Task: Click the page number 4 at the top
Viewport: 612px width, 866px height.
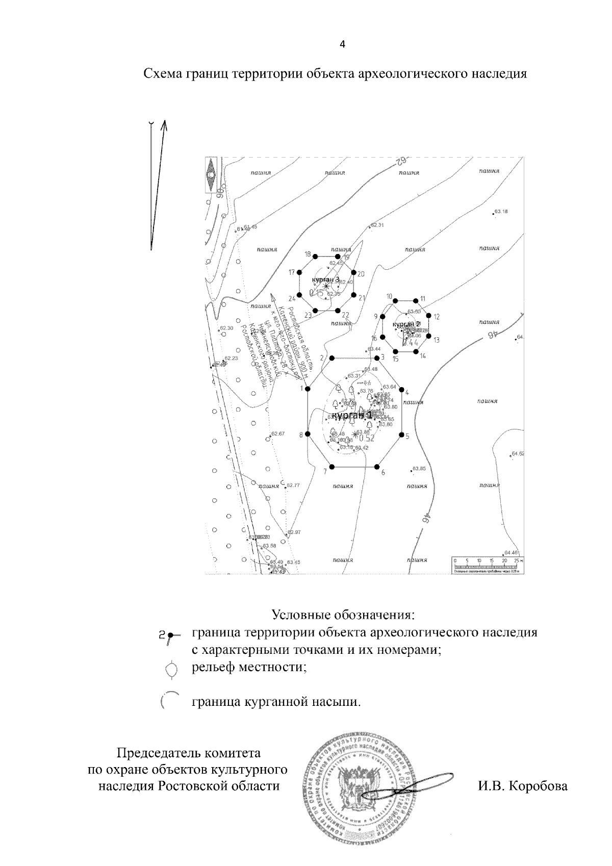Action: click(343, 44)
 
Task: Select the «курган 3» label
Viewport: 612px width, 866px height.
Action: click(325, 279)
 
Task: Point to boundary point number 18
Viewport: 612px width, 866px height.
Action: click(316, 257)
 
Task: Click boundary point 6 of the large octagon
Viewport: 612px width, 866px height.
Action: click(377, 467)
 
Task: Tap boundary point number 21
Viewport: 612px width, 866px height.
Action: click(352, 294)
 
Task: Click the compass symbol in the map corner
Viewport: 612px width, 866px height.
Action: click(211, 175)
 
